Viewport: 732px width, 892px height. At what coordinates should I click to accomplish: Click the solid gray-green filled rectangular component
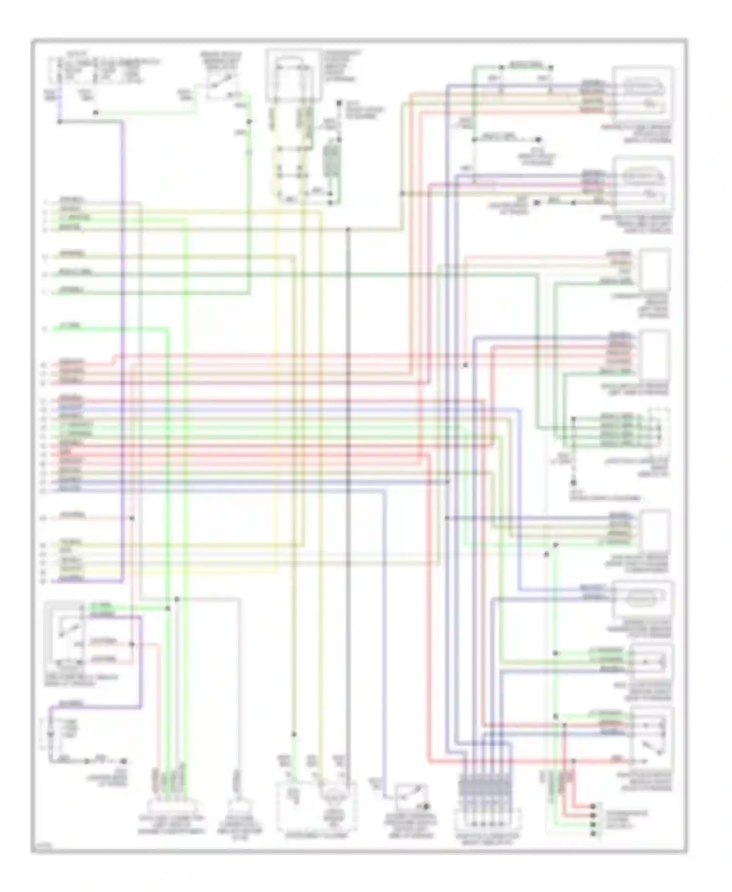click(332, 160)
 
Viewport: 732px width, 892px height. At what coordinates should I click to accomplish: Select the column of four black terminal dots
click(593, 820)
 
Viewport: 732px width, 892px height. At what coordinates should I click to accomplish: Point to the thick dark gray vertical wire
click(348, 488)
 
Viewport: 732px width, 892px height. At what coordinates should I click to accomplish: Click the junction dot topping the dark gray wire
click(348, 229)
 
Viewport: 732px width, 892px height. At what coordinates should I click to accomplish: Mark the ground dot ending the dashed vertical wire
click(573, 483)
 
